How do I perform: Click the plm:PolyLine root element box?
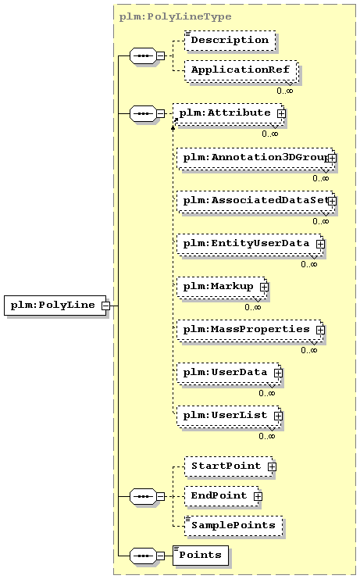tap(55, 306)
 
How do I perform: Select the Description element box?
tap(230, 41)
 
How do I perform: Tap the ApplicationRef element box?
tap(241, 70)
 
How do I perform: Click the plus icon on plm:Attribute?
tap(281, 114)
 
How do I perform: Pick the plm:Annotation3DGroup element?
tap(255, 159)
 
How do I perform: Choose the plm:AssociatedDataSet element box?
tap(255, 202)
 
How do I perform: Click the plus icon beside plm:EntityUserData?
tap(320, 244)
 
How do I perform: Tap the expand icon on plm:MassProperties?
tap(320, 330)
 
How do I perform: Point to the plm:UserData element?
tap(228, 373)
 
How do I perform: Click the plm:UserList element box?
tap(228, 416)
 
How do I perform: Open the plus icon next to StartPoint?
tap(272, 466)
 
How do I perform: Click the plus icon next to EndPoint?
tap(258, 496)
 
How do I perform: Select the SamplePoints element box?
tap(233, 526)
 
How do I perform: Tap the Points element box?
tap(201, 556)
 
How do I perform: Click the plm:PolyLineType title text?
tap(175, 17)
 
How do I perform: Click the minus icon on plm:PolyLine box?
tap(106, 306)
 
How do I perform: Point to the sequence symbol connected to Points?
tap(144, 556)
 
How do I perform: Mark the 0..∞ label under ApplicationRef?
tap(285, 91)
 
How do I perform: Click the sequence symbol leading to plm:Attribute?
tap(144, 114)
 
